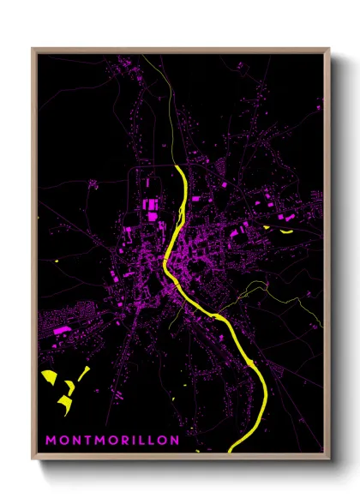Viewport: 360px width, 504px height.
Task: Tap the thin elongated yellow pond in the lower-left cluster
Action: pyautogui.click(x=84, y=373)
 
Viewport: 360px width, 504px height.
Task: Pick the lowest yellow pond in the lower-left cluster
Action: pyautogui.click(x=63, y=402)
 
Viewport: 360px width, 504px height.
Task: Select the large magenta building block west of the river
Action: pyautogui.click(x=151, y=207)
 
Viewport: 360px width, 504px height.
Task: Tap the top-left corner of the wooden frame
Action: pyautogui.click(x=33, y=49)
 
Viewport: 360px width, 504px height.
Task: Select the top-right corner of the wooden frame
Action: pyautogui.click(x=329, y=49)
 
